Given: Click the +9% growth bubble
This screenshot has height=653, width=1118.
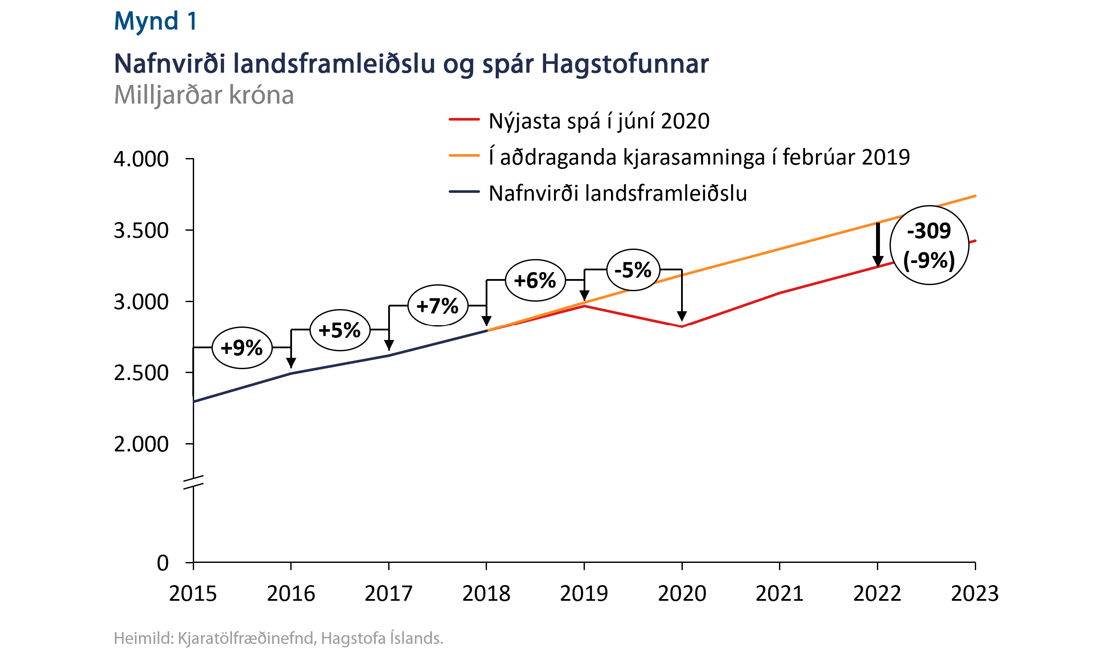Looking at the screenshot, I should pos(242,348).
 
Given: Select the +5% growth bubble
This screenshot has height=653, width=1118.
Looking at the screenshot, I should pos(340,330).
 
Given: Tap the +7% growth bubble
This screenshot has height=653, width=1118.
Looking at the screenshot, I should pos(438,306).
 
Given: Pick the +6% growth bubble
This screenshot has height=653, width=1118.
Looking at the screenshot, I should pos(535,280).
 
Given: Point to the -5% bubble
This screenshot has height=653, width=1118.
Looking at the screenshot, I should pos(633,270).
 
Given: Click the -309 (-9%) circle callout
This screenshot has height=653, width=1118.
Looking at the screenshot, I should pos(929,245).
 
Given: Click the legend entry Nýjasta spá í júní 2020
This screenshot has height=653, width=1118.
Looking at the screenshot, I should pos(598,121).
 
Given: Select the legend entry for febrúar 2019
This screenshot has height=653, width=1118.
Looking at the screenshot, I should pos(699,157).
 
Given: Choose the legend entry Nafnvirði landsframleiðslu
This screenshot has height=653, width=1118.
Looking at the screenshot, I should pos(617,194).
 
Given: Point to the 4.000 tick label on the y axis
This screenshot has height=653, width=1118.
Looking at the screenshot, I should pos(141,159).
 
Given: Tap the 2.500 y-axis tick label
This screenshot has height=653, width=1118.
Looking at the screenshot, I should pos(141,373).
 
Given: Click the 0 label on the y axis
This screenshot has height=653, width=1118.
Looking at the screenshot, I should pos(163,563).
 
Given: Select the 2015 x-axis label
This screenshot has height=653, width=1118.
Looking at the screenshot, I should pos(193,594).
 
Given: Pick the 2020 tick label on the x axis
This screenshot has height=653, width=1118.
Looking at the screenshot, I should pos(682,594).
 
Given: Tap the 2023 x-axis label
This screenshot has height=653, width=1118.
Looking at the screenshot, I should pos(975,594).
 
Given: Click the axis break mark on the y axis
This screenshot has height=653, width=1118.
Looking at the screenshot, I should pos(193,482).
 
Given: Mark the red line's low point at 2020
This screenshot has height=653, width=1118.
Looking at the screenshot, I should pos(682,327).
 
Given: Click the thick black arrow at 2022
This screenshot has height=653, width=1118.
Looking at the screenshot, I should pos(877,244).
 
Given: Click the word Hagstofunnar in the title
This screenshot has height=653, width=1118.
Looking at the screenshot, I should pos(624,64).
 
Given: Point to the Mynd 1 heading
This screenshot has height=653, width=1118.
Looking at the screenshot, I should pos(155,21).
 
